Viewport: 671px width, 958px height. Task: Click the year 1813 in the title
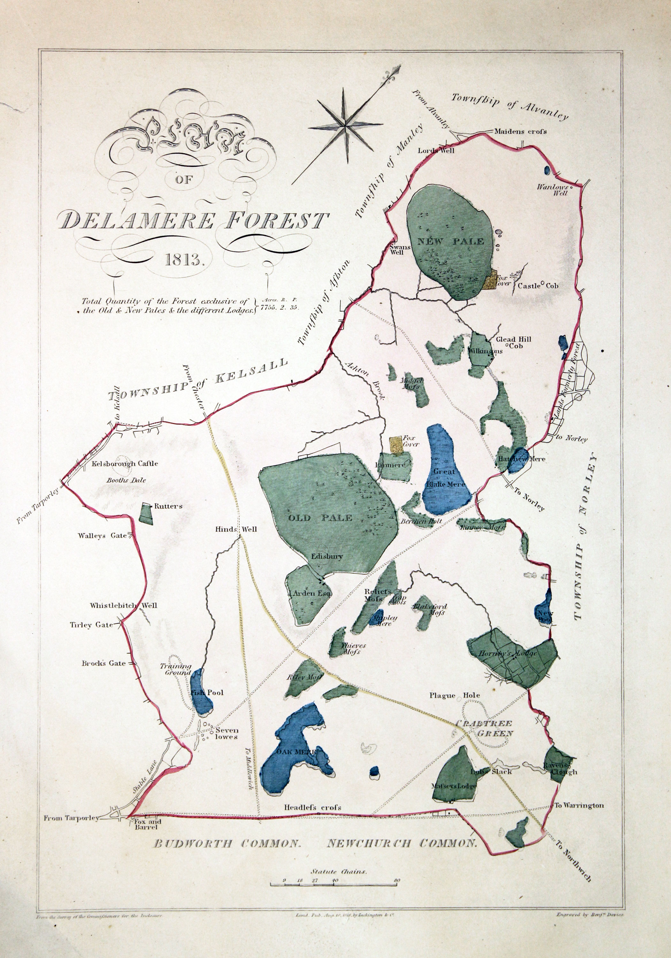pos(184,260)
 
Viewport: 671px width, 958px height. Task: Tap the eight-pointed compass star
pos(346,125)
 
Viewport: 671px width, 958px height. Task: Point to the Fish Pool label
pos(207,693)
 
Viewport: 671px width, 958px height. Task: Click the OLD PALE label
pos(320,518)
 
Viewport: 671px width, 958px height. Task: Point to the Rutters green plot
pos(146,513)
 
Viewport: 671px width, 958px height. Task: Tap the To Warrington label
pos(578,805)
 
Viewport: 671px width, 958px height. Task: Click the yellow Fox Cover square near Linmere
pos(395,445)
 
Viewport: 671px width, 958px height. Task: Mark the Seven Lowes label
pos(226,734)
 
